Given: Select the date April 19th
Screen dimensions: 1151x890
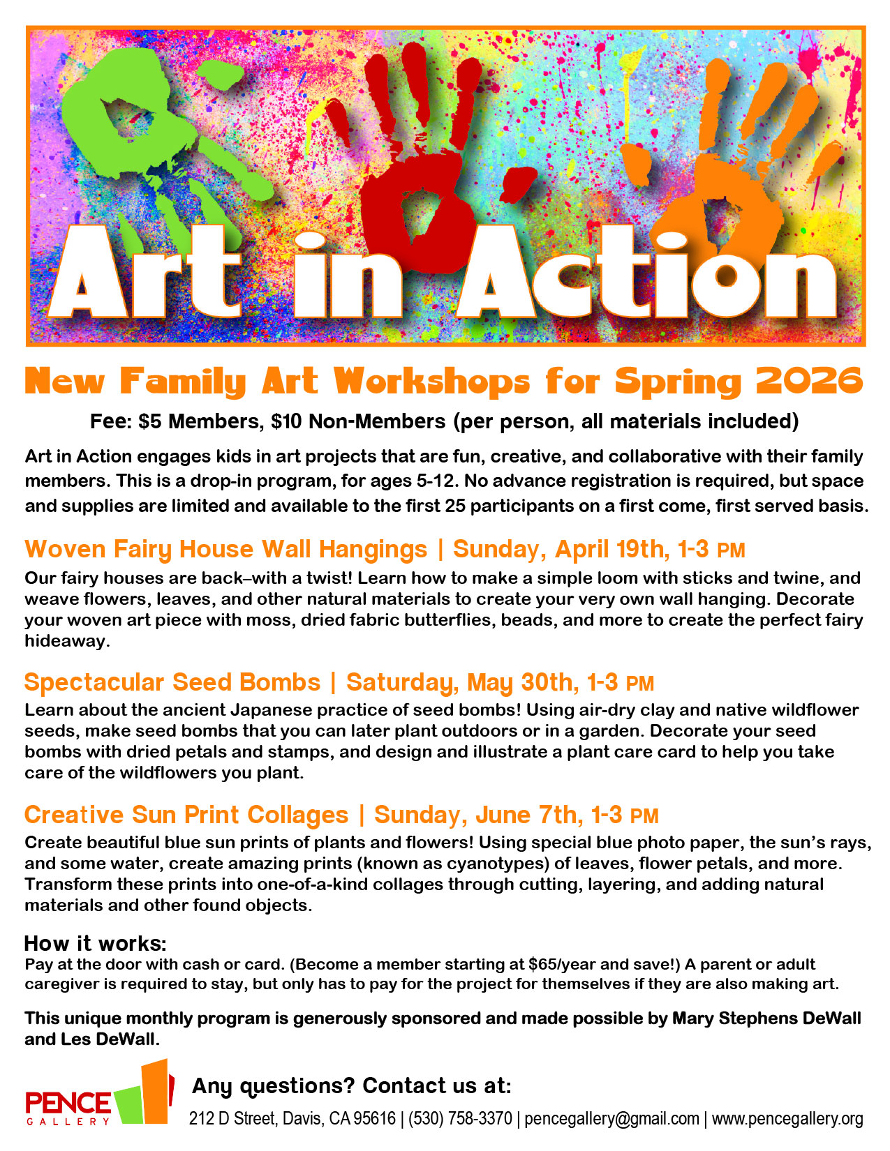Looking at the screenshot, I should click(611, 550).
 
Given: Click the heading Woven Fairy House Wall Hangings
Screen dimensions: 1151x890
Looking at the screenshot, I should click(225, 550).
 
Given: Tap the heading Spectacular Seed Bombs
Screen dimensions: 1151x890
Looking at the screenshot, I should click(172, 682).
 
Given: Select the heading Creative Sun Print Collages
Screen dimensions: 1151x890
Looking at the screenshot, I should click(186, 815).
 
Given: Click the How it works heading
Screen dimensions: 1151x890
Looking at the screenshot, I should click(96, 944).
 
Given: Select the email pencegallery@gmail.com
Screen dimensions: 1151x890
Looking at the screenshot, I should click(611, 1119).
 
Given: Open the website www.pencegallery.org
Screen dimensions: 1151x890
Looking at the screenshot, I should click(787, 1119).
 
